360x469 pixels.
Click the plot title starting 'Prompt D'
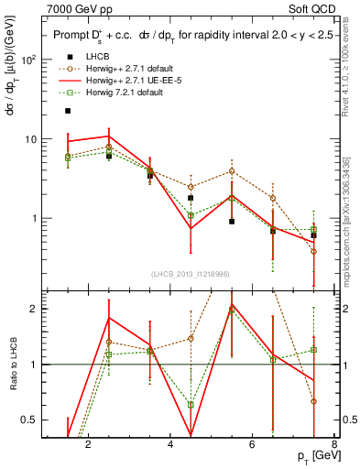point(183,35)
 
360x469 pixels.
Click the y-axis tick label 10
point(31,139)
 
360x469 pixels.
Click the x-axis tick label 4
point(171,444)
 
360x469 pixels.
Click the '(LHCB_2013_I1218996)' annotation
point(190,273)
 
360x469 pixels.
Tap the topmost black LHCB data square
point(67,111)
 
